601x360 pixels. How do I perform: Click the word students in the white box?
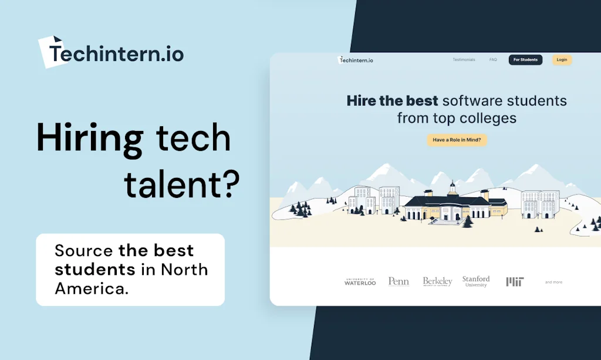point(95,270)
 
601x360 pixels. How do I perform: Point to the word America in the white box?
point(89,288)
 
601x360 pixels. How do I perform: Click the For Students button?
point(525,60)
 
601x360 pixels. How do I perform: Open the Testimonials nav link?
point(464,60)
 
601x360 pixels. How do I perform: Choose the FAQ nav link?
point(493,60)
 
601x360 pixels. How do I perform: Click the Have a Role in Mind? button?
point(457,140)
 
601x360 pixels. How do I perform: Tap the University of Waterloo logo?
point(360,282)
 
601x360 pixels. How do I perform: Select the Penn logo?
point(399,282)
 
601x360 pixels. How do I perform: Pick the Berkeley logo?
point(437,282)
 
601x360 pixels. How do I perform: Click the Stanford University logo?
point(476,281)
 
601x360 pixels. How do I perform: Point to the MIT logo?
point(515,282)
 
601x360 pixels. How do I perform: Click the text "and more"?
point(553,282)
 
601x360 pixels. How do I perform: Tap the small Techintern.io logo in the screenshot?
point(356,60)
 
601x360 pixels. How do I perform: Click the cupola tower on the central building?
point(452,188)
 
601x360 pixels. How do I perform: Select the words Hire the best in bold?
point(392,100)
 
